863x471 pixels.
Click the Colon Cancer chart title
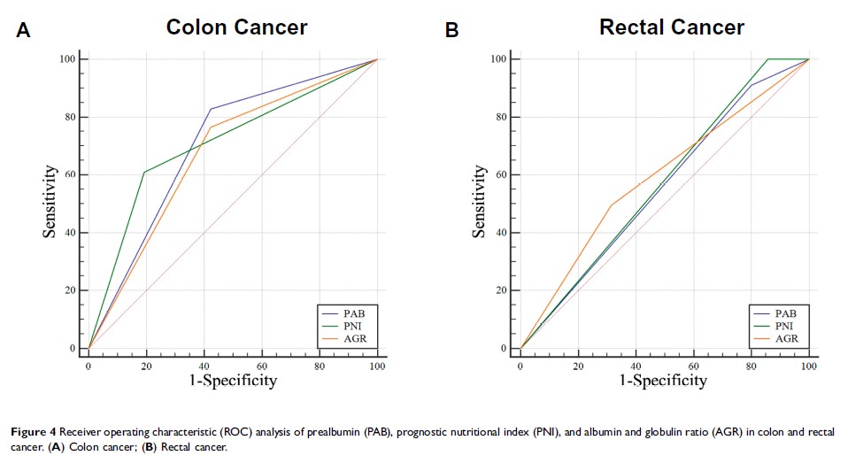(x=236, y=27)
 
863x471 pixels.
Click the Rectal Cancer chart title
(x=672, y=27)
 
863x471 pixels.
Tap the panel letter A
(x=24, y=31)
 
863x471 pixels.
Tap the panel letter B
(x=451, y=31)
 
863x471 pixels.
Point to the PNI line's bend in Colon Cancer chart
(x=143, y=172)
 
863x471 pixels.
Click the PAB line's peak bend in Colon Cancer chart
(x=211, y=109)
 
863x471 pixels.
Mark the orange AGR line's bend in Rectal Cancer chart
(x=611, y=205)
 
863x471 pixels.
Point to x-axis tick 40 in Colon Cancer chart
(x=204, y=365)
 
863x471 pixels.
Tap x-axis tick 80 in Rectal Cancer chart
(x=751, y=365)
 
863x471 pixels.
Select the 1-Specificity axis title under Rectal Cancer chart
(x=664, y=380)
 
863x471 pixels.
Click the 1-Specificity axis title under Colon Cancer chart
(x=233, y=380)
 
